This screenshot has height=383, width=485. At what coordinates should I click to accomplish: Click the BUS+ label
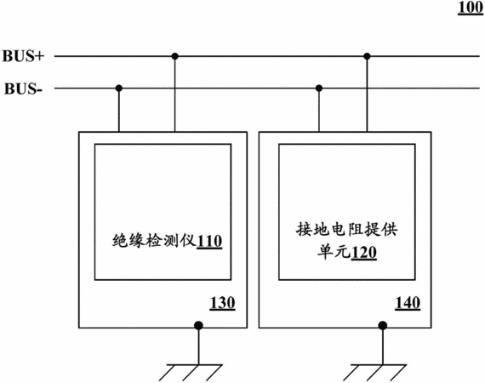(x=24, y=56)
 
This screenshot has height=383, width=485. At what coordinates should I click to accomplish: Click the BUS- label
(x=23, y=89)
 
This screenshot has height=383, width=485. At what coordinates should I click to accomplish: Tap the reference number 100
(x=471, y=8)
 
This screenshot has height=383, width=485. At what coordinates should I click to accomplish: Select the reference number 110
(x=209, y=242)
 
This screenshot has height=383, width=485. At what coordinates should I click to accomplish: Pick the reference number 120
(x=364, y=253)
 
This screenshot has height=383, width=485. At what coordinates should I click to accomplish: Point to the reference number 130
(x=222, y=303)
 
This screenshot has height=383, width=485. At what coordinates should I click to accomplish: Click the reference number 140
(x=408, y=303)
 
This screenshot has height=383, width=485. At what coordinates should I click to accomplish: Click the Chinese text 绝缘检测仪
(x=154, y=240)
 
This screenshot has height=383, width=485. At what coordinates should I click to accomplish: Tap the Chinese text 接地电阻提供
(x=347, y=229)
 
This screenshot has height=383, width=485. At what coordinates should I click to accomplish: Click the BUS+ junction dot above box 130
(x=175, y=56)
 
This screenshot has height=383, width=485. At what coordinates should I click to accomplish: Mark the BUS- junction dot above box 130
(x=119, y=89)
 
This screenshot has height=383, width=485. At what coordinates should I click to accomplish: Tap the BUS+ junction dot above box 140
(x=367, y=56)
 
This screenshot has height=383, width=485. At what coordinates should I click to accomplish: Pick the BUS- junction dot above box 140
(x=319, y=89)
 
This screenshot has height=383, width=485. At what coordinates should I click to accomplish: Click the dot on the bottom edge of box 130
(x=198, y=325)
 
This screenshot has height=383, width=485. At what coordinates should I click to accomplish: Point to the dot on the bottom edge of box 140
(x=383, y=325)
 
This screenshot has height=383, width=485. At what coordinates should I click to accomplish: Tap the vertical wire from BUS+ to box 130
(x=175, y=94)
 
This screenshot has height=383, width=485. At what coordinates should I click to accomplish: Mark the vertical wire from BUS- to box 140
(x=319, y=110)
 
